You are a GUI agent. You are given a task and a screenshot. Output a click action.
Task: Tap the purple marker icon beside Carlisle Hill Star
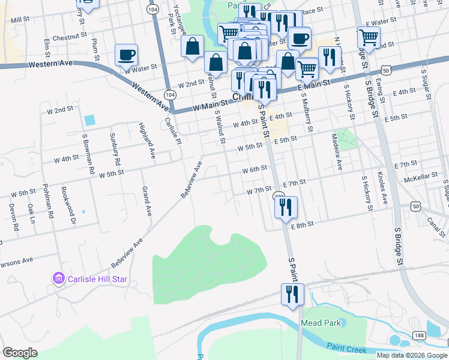(58, 279)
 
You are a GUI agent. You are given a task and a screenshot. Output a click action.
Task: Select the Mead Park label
(321, 323)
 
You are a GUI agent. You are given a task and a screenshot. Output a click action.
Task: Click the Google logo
(20, 353)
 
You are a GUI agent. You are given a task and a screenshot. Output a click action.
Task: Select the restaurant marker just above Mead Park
(293, 295)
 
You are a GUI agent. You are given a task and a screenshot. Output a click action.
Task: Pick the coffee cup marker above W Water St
(127, 56)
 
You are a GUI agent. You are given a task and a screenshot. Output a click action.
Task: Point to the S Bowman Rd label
(88, 154)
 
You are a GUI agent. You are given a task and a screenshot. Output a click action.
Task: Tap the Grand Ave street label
(146, 201)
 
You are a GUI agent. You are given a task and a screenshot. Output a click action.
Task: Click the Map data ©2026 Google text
(411, 355)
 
